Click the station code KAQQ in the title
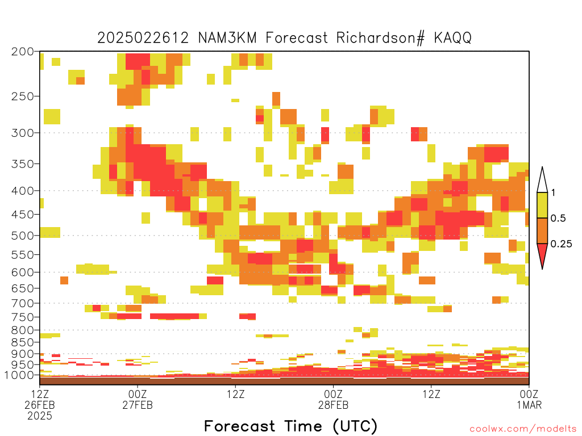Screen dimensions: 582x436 coord(452,38)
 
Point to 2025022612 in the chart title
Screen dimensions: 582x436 coord(143,38)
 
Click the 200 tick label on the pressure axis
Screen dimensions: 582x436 coord(23,52)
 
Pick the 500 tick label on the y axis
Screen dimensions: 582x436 coord(23,236)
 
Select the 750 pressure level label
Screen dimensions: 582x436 coord(23,317)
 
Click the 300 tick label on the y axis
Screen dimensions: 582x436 coord(23,133)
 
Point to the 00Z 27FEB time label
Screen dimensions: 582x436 coord(138,399)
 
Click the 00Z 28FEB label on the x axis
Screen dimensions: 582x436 coord(333,399)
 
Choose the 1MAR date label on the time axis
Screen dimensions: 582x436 coord(529,405)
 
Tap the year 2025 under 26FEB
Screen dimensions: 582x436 coord(40,416)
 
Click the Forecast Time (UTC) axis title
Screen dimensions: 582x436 coord(290,426)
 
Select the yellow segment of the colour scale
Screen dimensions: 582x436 coord(542,205)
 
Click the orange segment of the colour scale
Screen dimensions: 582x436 coord(542,230)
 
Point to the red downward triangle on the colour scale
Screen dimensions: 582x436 coord(542,254)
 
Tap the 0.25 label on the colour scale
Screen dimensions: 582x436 coord(561,244)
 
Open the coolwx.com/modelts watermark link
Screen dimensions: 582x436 coord(523,429)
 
